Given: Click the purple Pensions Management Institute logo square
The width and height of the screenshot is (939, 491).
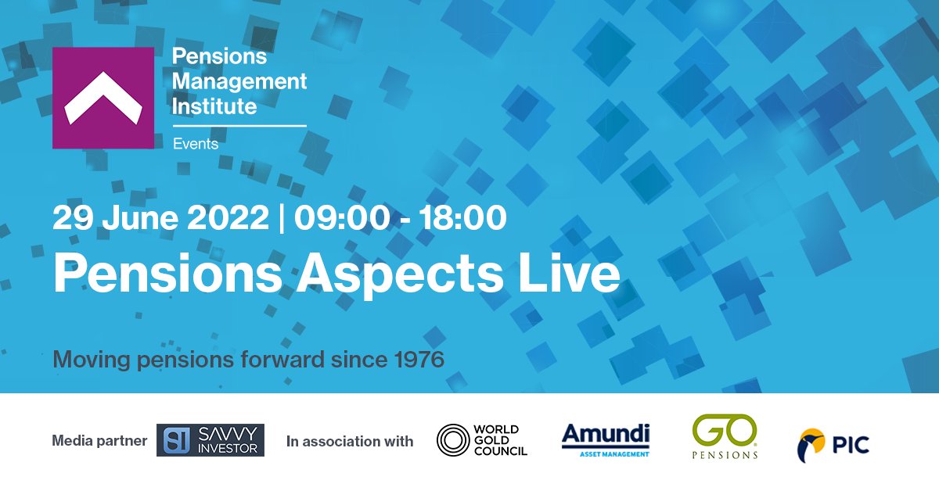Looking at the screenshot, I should pyautogui.click(x=103, y=98).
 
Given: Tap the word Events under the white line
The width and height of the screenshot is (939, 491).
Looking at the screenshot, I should pyautogui.click(x=195, y=144).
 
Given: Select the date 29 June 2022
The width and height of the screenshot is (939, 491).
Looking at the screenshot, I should pyautogui.click(x=160, y=218).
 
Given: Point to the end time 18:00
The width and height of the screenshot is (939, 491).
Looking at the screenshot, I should pyautogui.click(x=461, y=218).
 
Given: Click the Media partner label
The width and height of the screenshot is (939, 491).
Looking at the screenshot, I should pyautogui.click(x=99, y=441).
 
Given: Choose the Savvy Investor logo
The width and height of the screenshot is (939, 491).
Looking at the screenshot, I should pyautogui.click(x=210, y=440).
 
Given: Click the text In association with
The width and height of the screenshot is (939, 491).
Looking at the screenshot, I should pyautogui.click(x=350, y=442).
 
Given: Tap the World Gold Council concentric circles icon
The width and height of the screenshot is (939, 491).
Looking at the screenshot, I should pyautogui.click(x=452, y=439).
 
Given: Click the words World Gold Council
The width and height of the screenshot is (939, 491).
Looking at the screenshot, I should pyautogui.click(x=502, y=440).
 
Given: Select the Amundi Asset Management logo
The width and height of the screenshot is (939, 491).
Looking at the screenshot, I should pyautogui.click(x=606, y=439).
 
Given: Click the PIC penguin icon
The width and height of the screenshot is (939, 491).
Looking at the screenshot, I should pyautogui.click(x=811, y=445).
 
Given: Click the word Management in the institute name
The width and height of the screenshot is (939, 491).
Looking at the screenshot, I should pyautogui.click(x=239, y=81).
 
